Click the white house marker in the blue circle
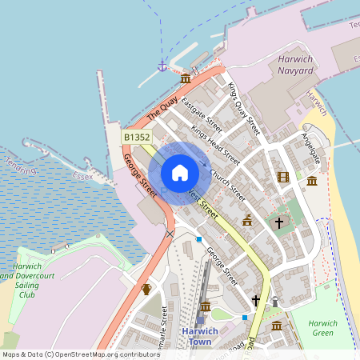(x=179, y=173)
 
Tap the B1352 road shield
(x=137, y=138)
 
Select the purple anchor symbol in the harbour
(x=162, y=65)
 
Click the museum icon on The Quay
(x=186, y=78)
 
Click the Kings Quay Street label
(x=243, y=107)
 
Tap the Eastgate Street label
(x=202, y=113)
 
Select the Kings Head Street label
(x=215, y=143)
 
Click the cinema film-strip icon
(x=282, y=177)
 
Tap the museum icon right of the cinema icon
(x=311, y=181)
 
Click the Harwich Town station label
(x=197, y=336)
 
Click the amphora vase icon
(x=146, y=289)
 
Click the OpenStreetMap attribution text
(x=70, y=354)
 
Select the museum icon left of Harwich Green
(x=276, y=326)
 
